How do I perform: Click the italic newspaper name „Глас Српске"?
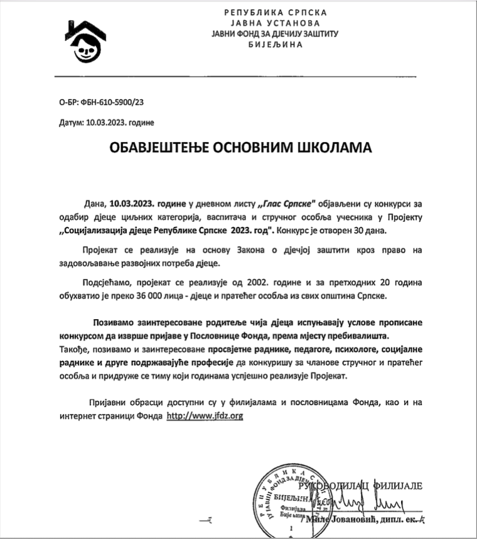click(x=288, y=204)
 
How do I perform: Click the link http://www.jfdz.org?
click(x=205, y=416)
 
